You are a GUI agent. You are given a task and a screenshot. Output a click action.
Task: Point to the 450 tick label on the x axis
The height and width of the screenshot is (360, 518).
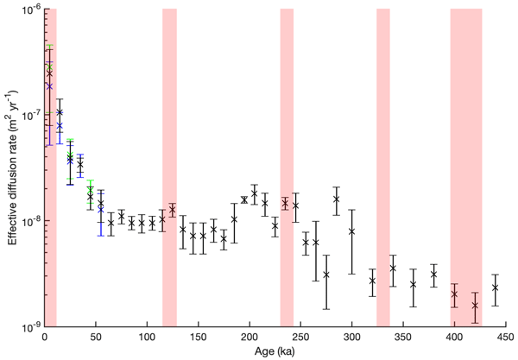pyautogui.click(x=506, y=338)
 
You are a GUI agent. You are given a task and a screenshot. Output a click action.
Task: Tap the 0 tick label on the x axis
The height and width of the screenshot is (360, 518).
pyautogui.click(x=44, y=338)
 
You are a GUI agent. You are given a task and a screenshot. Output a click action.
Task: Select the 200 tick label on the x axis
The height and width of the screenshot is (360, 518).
pyautogui.click(x=250, y=338)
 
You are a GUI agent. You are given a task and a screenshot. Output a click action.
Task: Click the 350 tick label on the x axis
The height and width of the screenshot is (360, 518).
pyautogui.click(x=403, y=338)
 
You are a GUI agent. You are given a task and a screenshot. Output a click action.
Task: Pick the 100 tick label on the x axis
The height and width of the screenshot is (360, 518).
pyautogui.click(x=147, y=338)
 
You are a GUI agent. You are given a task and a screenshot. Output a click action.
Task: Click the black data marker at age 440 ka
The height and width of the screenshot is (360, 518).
pyautogui.click(x=496, y=287)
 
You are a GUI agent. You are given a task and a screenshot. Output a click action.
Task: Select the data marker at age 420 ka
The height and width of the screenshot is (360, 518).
pyautogui.click(x=475, y=305)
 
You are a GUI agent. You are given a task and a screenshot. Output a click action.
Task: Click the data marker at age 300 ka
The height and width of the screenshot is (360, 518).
pyautogui.click(x=351, y=231)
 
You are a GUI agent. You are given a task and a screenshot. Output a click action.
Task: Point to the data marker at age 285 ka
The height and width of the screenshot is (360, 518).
pyautogui.click(x=336, y=199)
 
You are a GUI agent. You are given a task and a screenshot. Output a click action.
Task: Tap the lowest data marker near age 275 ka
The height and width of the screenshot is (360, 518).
pyautogui.click(x=326, y=275)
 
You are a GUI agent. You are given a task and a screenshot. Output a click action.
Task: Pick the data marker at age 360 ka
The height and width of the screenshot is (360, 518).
pyautogui.click(x=414, y=283)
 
